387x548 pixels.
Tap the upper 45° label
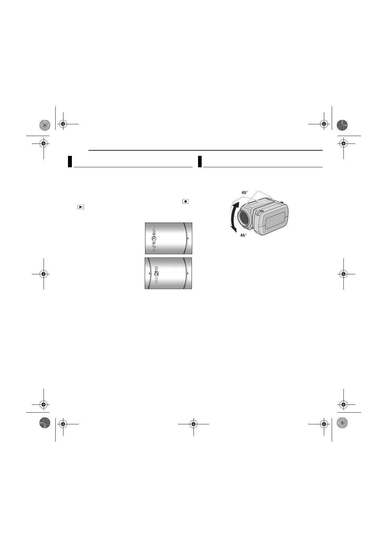click(x=245, y=193)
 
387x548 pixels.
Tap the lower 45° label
click(x=243, y=235)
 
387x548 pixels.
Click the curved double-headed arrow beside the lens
click(x=234, y=217)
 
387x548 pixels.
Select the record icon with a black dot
click(x=186, y=201)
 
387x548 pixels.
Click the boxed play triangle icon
click(x=81, y=207)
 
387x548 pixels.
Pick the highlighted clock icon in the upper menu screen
click(x=154, y=238)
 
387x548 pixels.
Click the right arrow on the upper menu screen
click(x=188, y=238)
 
